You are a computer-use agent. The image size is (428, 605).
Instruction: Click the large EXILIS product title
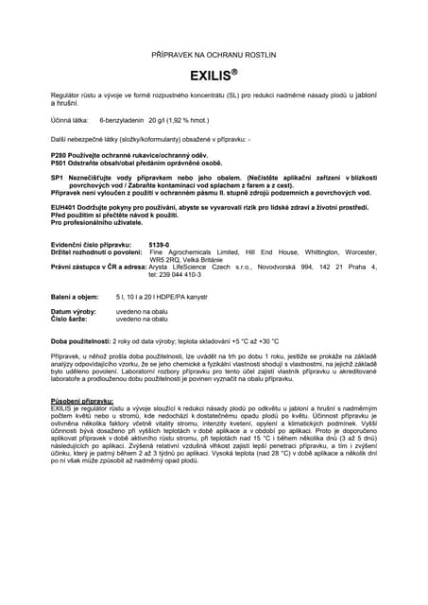coord(213,73)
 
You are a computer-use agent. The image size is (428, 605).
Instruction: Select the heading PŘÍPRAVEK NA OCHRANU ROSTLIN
coord(213,56)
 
